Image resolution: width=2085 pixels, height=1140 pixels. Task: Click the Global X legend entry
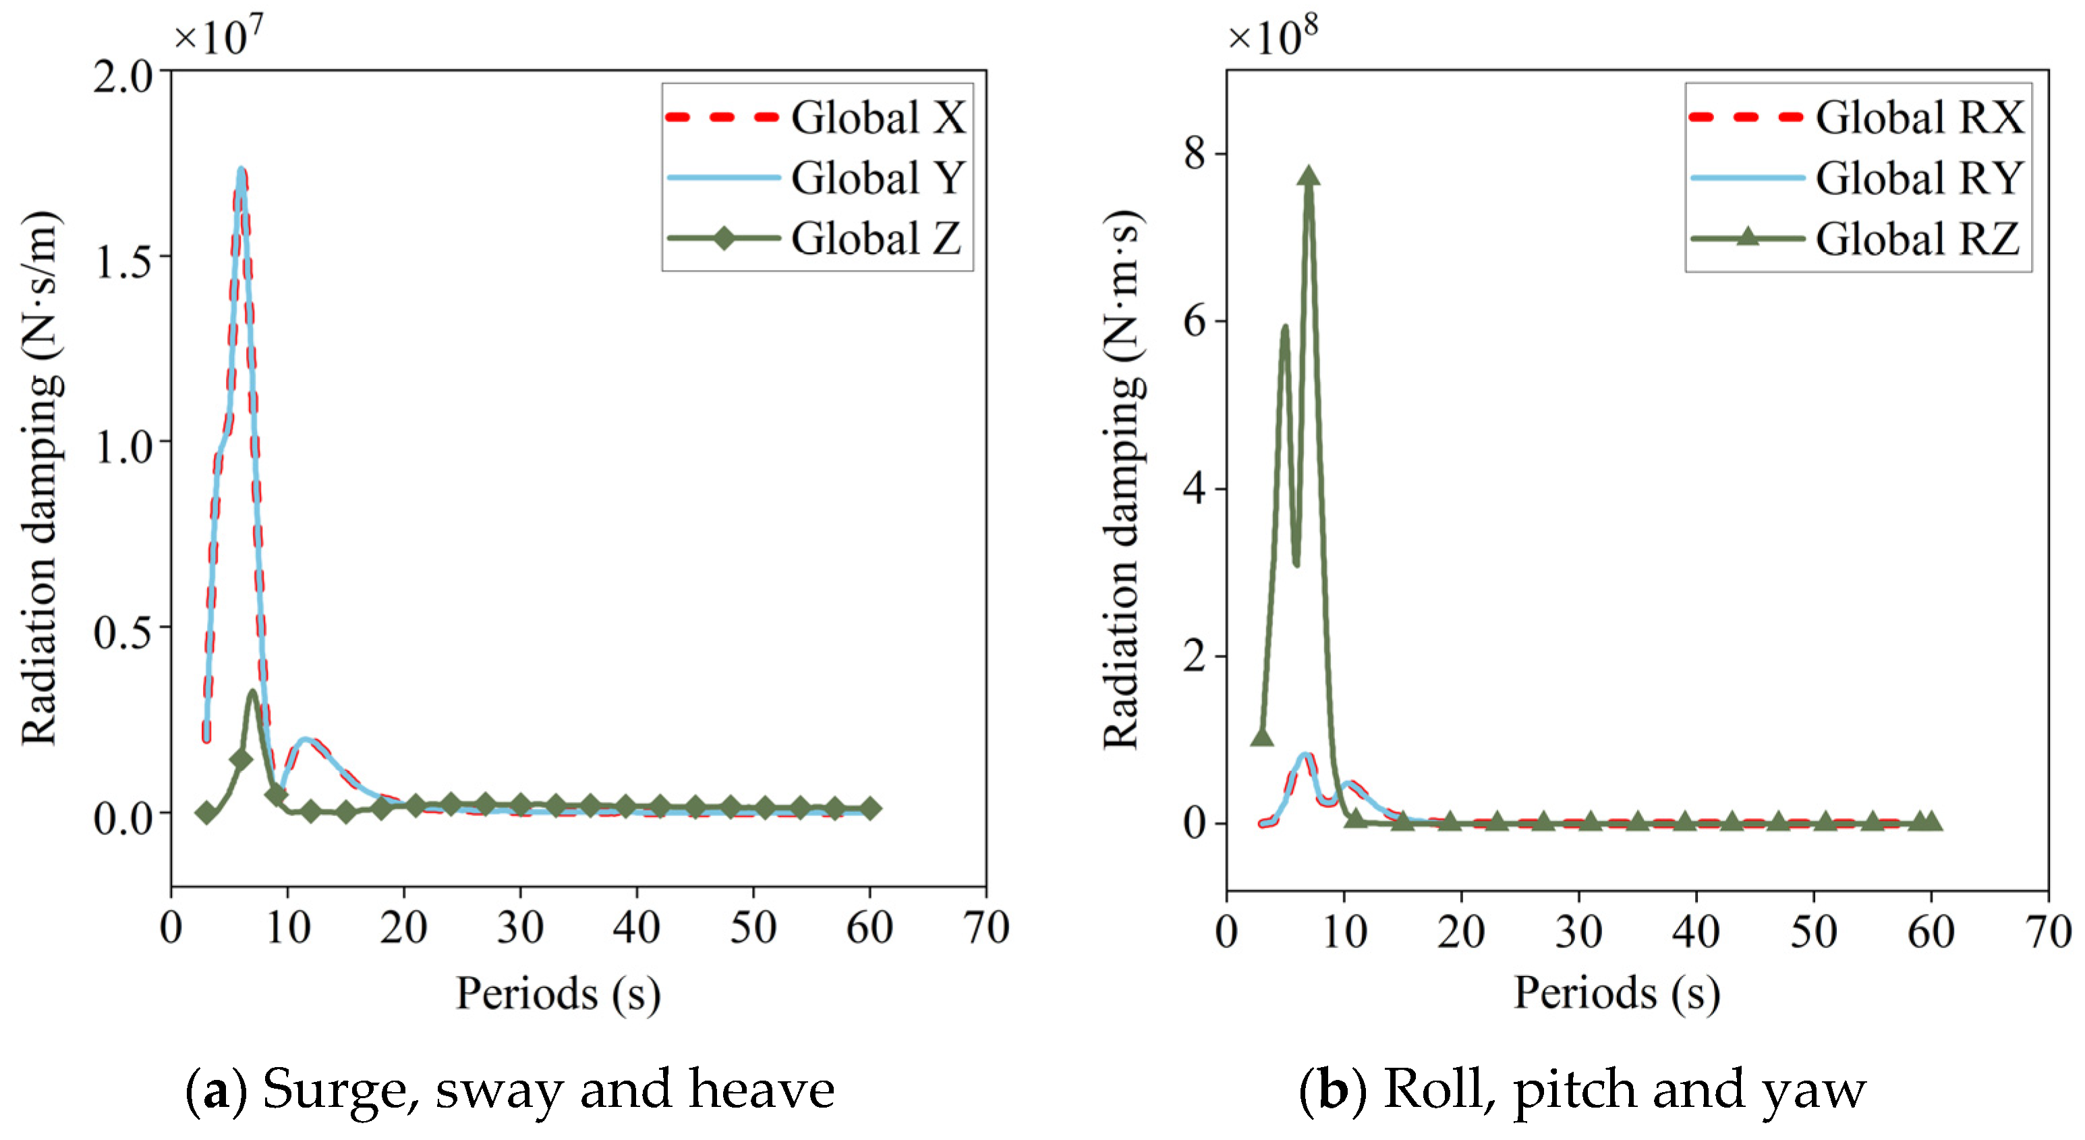coord(816,117)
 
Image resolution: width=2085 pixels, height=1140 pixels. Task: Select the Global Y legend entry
coord(816,178)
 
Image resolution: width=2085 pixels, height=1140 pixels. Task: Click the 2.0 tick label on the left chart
coord(122,78)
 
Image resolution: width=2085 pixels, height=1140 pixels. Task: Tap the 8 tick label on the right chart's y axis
coord(1195,153)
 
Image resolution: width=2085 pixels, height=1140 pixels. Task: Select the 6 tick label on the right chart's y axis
coord(1195,321)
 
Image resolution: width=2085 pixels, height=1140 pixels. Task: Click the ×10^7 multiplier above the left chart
coord(219,36)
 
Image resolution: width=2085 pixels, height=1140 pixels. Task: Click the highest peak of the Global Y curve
coord(240,169)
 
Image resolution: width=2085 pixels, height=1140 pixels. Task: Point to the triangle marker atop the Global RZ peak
coord(1309,177)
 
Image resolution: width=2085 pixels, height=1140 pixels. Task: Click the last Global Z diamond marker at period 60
coord(870,808)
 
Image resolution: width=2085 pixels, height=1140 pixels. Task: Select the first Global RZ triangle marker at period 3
coord(1262,736)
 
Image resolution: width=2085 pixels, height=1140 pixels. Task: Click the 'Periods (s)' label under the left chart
coord(559,994)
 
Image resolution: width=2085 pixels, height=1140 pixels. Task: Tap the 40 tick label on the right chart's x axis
coord(1696,931)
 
